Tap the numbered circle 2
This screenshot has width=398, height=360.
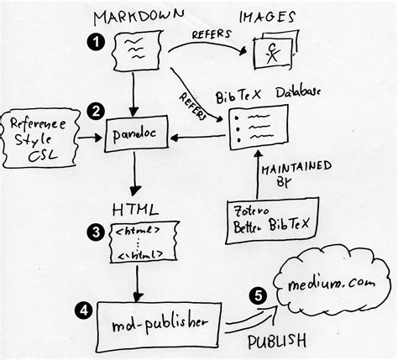pos(97,111)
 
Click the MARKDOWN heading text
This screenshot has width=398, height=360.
pos(139,16)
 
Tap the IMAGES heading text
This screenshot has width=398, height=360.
pos(268,15)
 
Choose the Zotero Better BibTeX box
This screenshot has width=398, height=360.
pos(260,221)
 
